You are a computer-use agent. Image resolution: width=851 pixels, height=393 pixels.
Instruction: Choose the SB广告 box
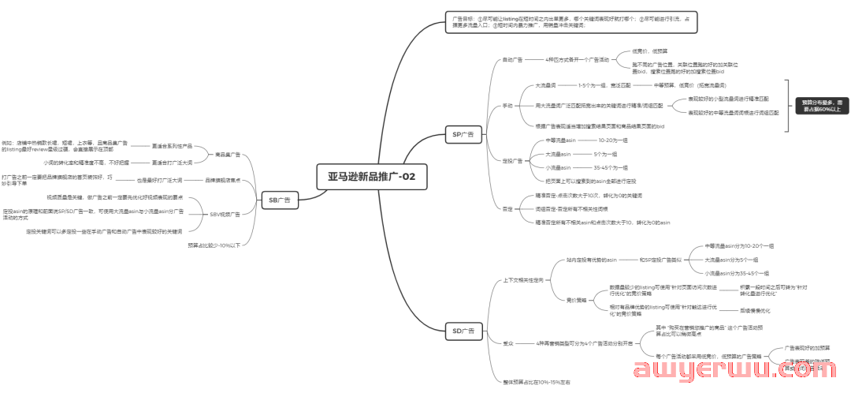click(279, 200)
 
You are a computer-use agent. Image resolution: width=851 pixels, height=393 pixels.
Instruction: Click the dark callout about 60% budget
click(822, 106)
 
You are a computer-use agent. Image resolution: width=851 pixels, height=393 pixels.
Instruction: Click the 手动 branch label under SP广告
click(507, 105)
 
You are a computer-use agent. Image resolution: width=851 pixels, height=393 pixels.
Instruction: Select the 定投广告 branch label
click(512, 160)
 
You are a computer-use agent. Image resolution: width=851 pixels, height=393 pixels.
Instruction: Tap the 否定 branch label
click(507, 209)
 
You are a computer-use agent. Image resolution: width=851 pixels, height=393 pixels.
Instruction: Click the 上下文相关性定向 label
click(522, 280)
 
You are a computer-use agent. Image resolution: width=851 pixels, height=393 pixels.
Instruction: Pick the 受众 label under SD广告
click(507, 343)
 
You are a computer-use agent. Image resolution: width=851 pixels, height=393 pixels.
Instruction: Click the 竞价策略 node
click(576, 300)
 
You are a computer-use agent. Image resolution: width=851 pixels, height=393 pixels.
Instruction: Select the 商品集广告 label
click(228, 155)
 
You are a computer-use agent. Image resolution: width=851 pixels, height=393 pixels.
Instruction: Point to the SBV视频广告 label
click(225, 214)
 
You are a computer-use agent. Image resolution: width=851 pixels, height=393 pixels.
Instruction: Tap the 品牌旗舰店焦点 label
click(223, 180)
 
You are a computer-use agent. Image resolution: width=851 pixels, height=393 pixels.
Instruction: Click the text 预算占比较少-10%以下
click(214, 245)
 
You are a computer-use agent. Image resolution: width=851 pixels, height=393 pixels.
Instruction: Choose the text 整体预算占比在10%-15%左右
click(536, 382)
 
